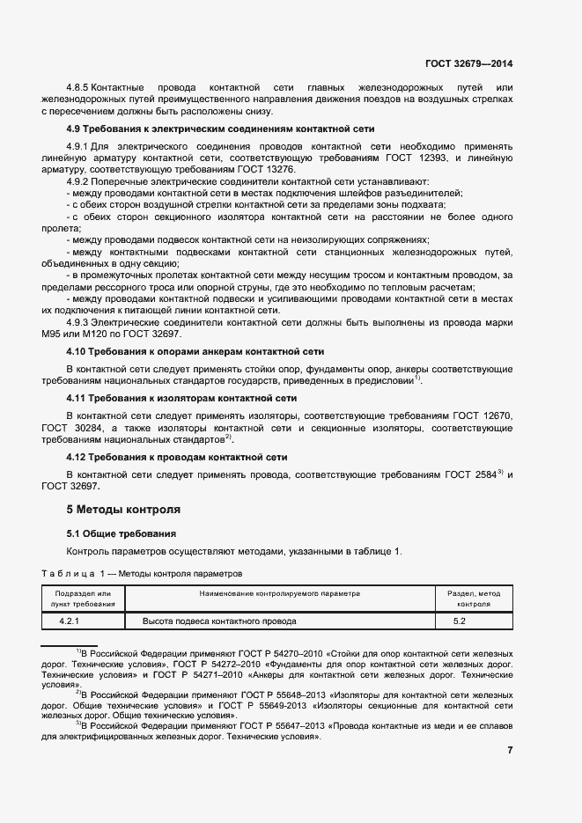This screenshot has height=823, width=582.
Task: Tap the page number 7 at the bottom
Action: (x=510, y=750)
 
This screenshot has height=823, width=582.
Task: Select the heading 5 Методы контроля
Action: (x=124, y=510)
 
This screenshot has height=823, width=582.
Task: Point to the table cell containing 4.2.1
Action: (x=81, y=621)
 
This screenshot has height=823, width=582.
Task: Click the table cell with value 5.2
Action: (x=459, y=621)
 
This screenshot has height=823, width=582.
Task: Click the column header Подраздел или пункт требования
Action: (x=82, y=599)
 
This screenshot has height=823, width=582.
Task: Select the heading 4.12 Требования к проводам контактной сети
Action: (x=176, y=458)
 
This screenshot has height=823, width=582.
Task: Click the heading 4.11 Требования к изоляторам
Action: (x=181, y=398)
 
